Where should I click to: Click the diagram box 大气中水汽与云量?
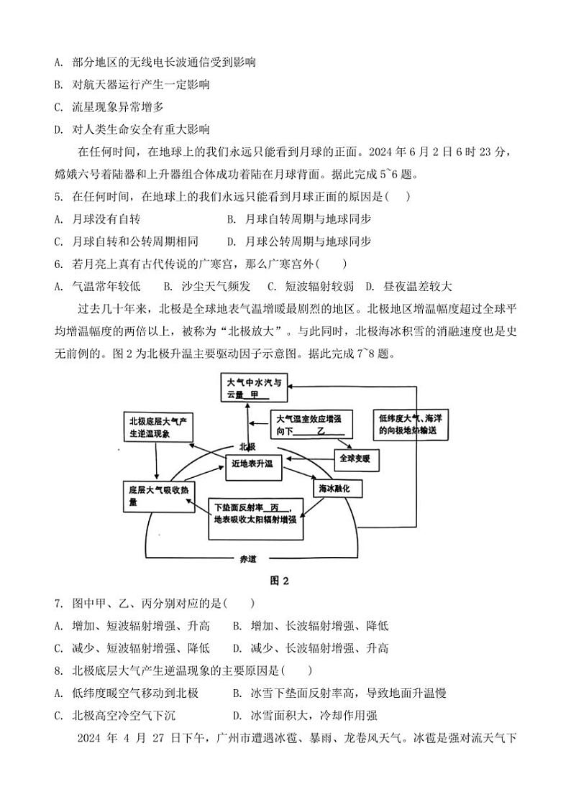tap(255, 388)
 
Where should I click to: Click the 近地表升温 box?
tap(252, 464)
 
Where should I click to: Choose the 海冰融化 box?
tap(336, 488)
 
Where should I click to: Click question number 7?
tap(58, 604)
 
